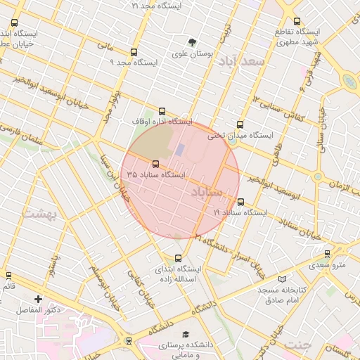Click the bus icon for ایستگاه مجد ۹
coord(134,52)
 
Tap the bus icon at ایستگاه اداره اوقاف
coord(162,111)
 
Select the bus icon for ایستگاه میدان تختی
coord(241,124)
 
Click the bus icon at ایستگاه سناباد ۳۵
coord(155,164)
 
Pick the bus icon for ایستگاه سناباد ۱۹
coord(241,202)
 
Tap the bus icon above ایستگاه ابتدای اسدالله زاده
coord(177,258)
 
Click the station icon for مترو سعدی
coord(327,254)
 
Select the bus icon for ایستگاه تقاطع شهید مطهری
coord(297,22)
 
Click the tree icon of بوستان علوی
coord(193,42)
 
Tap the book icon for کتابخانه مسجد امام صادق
coord(282,279)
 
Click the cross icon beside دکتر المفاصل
coord(38,299)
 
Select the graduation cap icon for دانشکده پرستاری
coord(186,335)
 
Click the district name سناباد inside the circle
coord(207,191)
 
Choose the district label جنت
coord(298,344)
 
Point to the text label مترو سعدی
coord(330,264)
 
